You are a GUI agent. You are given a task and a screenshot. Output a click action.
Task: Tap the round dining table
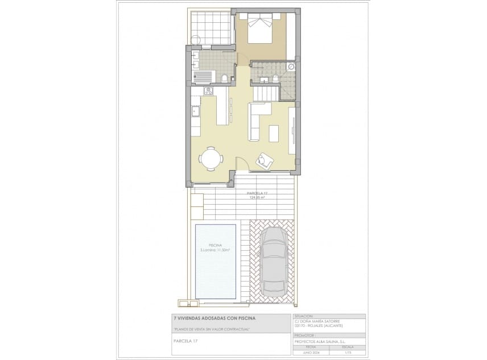click(x=212, y=158)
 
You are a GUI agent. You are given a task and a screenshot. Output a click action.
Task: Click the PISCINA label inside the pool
click(x=215, y=245)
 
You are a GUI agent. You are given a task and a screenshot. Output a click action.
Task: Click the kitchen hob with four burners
click(x=209, y=90)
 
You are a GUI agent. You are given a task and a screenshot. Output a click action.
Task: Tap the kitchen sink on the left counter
click(x=195, y=111)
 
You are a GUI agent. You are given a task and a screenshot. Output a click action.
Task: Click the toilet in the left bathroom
click(x=225, y=77)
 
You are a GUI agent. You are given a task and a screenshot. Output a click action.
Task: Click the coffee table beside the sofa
click(x=274, y=132)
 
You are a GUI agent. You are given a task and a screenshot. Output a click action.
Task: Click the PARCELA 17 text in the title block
click(x=186, y=341)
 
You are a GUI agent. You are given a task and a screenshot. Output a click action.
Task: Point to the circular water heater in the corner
click(x=291, y=67)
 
